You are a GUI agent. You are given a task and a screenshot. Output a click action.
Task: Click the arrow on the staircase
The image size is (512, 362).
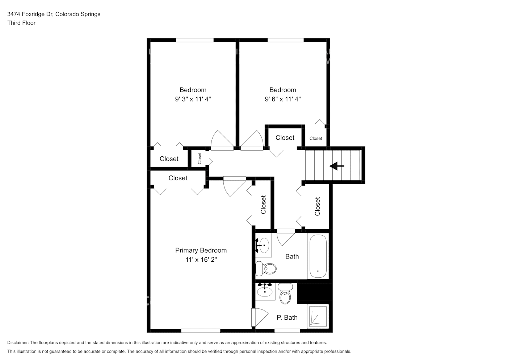[337, 166]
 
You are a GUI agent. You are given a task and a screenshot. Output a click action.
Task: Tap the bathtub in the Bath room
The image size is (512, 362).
[318, 256]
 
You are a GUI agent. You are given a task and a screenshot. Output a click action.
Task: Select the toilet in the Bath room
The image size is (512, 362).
[266, 268]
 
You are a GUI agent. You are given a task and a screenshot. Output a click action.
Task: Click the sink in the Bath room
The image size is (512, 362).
[263, 245]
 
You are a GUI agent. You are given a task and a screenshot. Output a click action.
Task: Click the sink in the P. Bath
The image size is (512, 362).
[265, 291]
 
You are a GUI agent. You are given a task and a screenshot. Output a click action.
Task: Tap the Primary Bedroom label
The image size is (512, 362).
[201, 250]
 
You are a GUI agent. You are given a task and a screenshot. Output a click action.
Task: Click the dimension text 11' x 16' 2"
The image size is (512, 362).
[201, 260]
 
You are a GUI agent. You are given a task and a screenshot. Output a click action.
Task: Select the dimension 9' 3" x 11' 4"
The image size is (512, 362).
[193, 99]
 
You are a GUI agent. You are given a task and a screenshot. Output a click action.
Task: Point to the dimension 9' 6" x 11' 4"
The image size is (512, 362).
[283, 99]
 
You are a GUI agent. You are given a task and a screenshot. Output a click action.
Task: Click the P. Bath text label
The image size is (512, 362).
[287, 317]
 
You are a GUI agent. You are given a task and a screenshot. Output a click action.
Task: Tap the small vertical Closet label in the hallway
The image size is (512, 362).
[200, 158]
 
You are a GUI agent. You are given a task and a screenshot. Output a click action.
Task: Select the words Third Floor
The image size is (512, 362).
[21, 23]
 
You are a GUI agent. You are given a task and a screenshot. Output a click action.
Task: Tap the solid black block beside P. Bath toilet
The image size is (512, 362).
[314, 292]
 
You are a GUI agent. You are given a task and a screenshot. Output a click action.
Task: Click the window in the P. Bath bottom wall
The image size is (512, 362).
[287, 331]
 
